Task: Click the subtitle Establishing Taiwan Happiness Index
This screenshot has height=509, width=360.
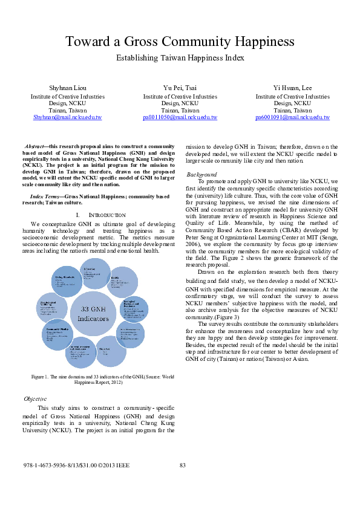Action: pyautogui.click(x=180, y=59)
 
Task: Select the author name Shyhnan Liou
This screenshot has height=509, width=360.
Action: pyautogui.click(x=67, y=88)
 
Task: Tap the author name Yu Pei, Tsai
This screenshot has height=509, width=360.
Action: pyautogui.click(x=180, y=88)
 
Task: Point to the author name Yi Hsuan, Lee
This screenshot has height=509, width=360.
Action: pyautogui.click(x=292, y=88)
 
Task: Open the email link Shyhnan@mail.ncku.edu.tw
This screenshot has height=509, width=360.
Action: pyautogui.click(x=67, y=117)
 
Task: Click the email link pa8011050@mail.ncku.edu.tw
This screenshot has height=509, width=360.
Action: pyautogui.click(x=180, y=117)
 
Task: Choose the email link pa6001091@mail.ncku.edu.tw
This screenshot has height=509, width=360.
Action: pyautogui.click(x=292, y=117)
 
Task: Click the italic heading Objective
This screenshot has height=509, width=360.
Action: pyautogui.click(x=35, y=399)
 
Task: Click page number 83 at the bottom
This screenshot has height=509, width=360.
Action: pyautogui.click(x=182, y=464)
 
